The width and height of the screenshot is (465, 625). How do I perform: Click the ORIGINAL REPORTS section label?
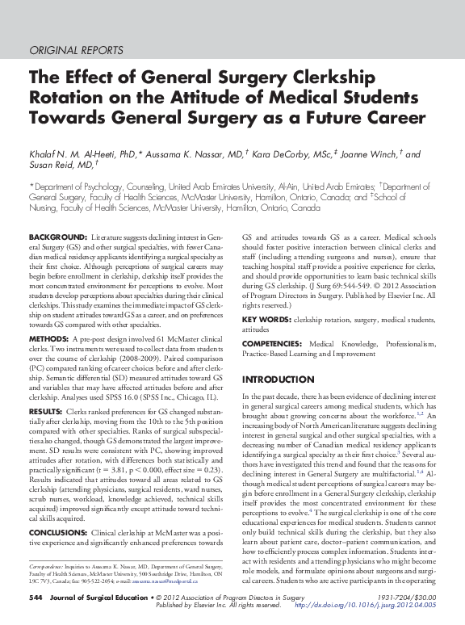point(76,50)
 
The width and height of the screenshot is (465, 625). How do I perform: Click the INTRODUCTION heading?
point(278,379)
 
